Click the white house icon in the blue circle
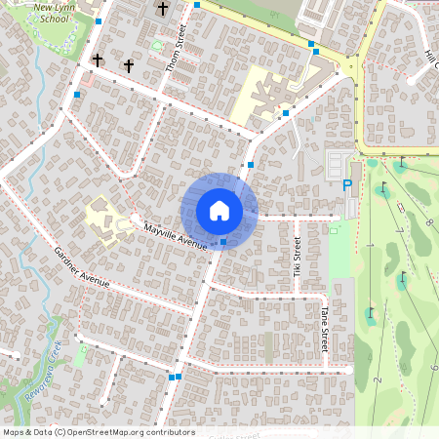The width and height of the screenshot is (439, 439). coord(219,211)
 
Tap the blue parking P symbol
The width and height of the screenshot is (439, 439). coord(347,185)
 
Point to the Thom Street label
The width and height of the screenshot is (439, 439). coord(177,48)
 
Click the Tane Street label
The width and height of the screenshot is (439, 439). coord(325,328)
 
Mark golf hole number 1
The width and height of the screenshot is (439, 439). coord(372,243)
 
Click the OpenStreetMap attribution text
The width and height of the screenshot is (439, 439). coord(99,432)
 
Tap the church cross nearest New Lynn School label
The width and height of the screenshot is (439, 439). coord(97,60)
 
